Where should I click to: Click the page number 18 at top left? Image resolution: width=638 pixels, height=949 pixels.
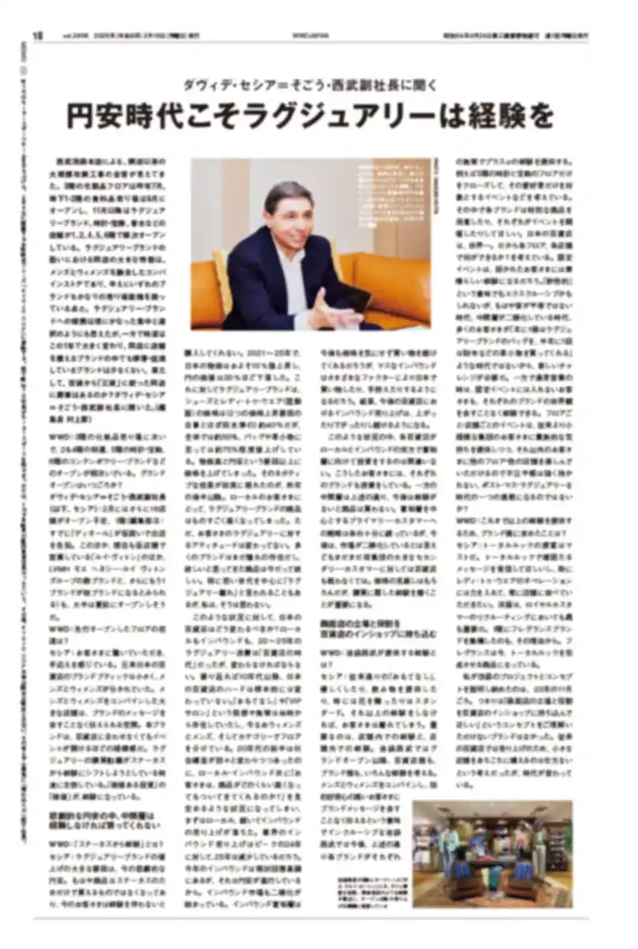(36, 35)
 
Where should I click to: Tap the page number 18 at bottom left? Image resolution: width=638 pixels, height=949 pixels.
(36, 917)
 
